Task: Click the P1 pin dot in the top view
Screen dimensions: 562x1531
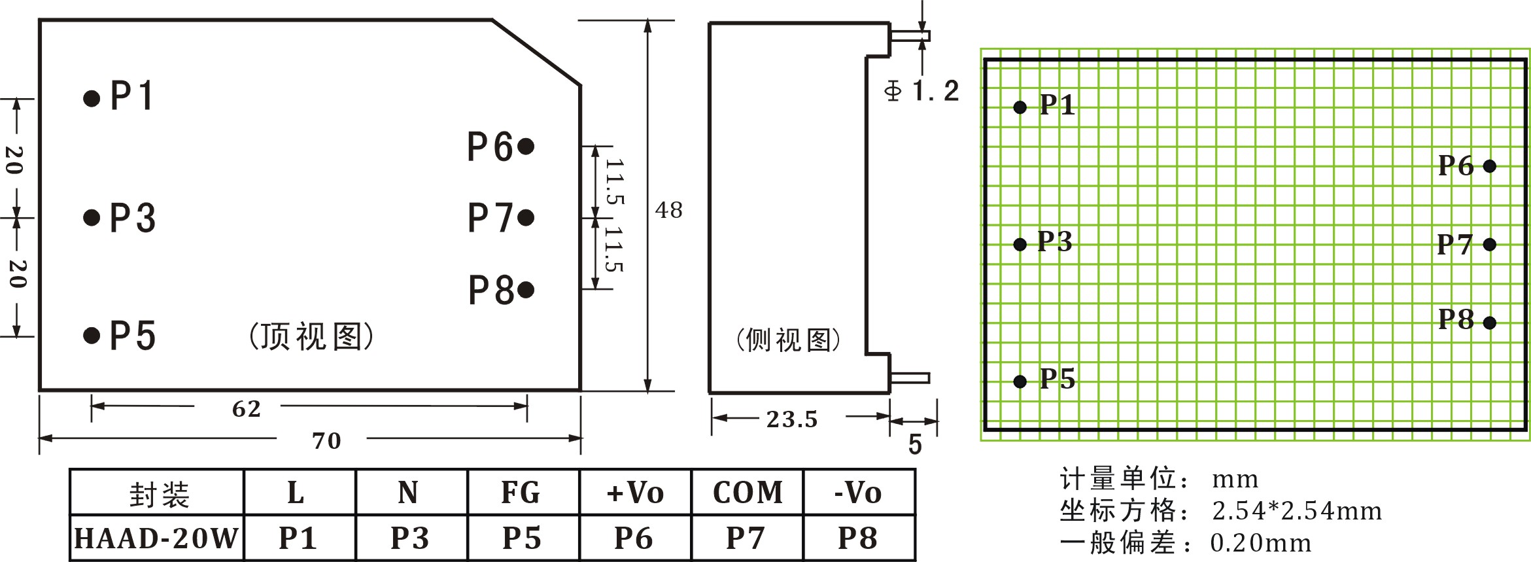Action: point(92,99)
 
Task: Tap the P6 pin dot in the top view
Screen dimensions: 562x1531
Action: point(526,146)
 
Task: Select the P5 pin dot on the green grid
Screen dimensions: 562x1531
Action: point(1020,381)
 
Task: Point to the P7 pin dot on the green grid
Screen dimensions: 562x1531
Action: point(1490,245)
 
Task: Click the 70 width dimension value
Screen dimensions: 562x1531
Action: point(326,441)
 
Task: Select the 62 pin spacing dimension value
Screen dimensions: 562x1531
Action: point(247,409)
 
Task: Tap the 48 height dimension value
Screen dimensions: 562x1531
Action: point(668,210)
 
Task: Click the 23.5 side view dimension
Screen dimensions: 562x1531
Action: point(792,419)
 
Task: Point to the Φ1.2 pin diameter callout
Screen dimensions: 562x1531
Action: point(922,91)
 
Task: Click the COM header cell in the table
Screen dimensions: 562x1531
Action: point(748,493)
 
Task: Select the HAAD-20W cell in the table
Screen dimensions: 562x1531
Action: point(156,538)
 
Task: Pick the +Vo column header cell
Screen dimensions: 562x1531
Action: point(635,493)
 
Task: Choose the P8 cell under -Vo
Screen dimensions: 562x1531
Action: point(858,538)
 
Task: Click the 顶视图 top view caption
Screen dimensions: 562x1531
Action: point(311,337)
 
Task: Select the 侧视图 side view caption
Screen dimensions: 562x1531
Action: point(789,340)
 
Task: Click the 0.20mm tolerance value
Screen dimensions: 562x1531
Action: point(1261,543)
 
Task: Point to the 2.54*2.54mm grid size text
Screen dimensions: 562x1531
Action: point(1297,511)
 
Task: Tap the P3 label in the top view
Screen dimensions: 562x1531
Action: point(133,218)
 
